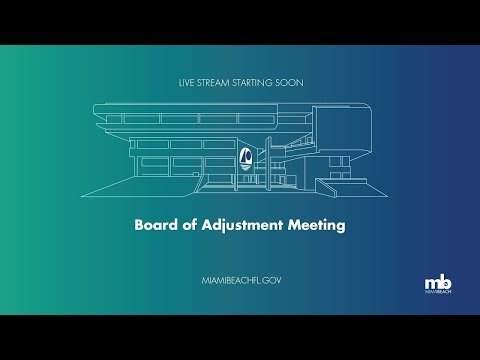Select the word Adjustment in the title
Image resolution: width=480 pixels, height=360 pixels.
241,225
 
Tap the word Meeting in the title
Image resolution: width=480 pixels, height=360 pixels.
316,225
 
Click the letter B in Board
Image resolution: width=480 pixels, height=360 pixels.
139,225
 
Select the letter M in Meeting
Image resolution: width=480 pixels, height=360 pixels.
294,225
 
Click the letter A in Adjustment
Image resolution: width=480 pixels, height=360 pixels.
204,225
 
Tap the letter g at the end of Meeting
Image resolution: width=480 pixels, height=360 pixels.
340,227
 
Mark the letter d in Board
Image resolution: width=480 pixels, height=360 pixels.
172,225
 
